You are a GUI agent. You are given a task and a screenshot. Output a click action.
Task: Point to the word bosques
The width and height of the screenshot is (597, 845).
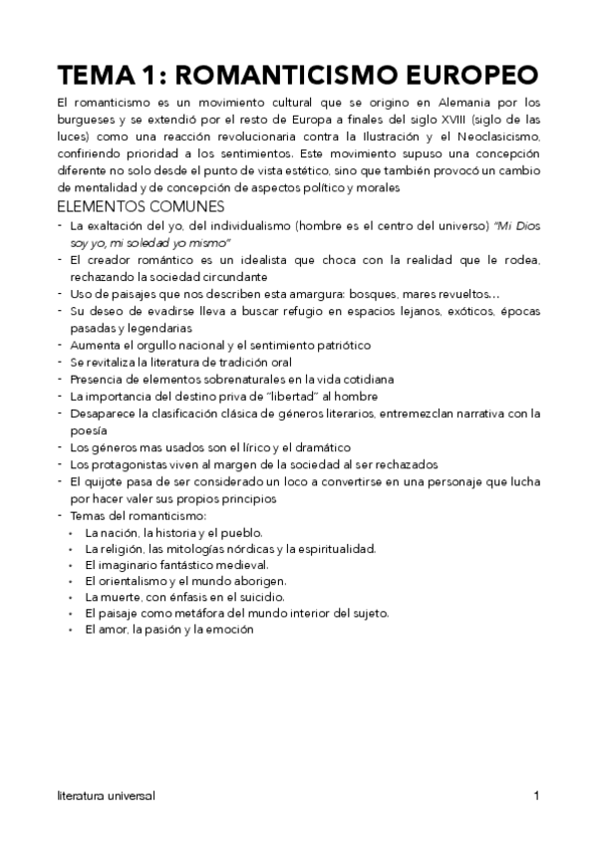[394, 294]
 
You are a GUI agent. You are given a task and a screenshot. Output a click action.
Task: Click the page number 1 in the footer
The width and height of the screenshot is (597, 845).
[536, 796]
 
